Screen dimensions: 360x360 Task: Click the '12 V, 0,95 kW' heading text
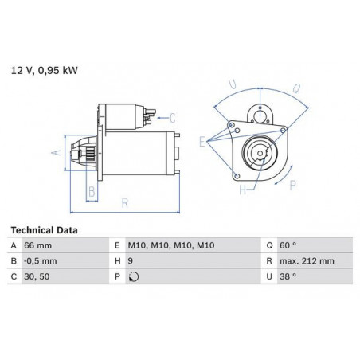[45, 71]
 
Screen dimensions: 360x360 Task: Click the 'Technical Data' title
[44, 230]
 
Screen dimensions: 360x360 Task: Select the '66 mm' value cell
[37, 245]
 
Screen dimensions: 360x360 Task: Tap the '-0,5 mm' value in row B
[41, 261]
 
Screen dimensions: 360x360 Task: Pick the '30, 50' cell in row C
[37, 276]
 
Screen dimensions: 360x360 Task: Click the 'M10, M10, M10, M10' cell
[171, 245]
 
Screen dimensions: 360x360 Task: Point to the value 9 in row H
[130, 261]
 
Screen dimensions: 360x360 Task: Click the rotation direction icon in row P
[134, 277]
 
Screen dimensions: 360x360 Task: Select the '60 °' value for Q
[288, 245]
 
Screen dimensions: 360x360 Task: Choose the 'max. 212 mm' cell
[307, 261]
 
